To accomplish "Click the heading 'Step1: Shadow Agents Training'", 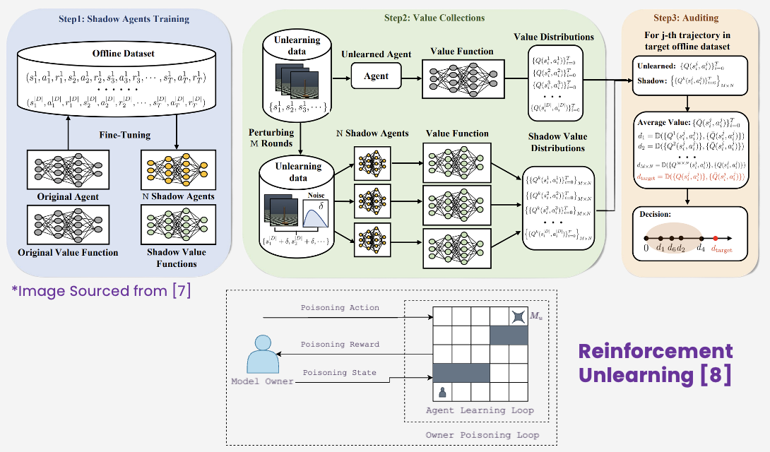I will (x=124, y=19).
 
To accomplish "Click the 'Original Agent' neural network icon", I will (x=68, y=170).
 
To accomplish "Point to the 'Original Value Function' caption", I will (x=68, y=252).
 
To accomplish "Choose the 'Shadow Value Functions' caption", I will (x=177, y=258).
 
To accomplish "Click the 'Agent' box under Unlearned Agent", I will (x=377, y=76).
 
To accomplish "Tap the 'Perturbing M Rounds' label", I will (x=271, y=138).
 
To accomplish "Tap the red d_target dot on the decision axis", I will (x=716, y=238).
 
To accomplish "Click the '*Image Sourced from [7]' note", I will (x=101, y=290).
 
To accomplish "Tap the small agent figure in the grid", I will (x=443, y=391).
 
